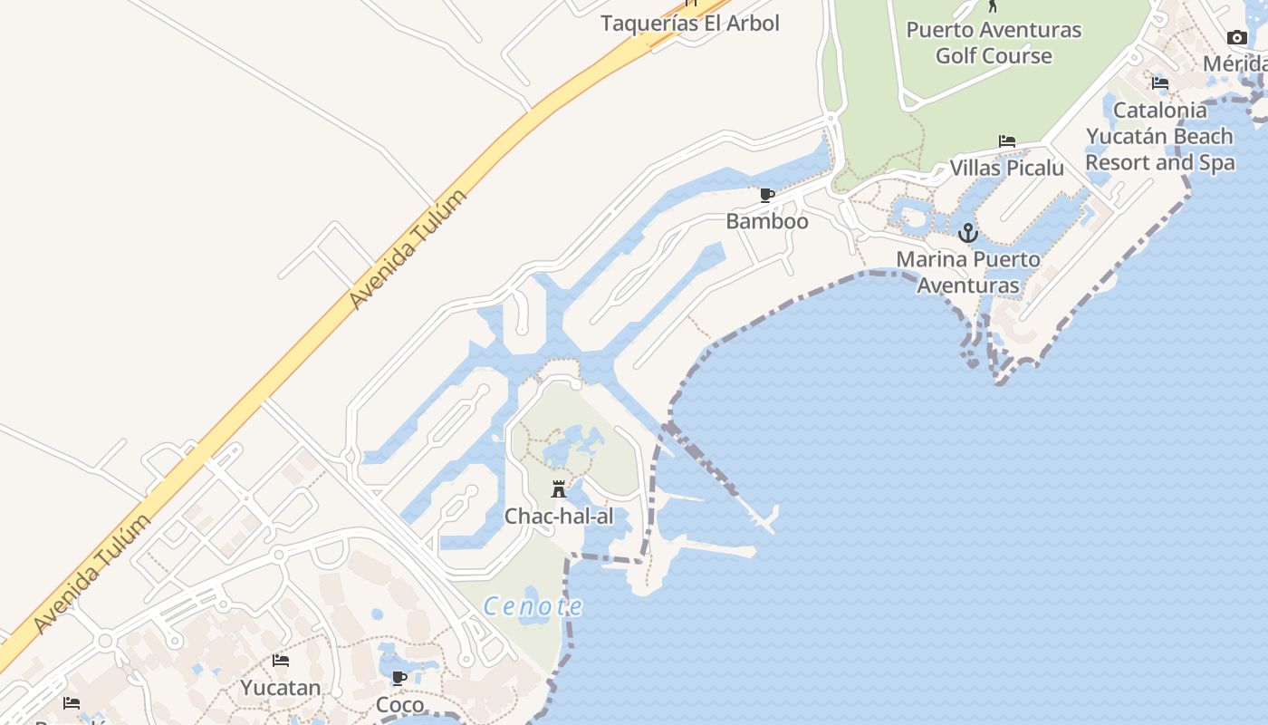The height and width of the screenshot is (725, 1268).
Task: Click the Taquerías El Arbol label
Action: click(689, 23)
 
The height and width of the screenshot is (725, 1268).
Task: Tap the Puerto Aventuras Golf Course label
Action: click(994, 43)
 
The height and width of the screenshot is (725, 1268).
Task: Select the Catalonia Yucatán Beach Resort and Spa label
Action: click(1160, 136)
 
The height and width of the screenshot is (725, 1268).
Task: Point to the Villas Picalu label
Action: click(1006, 168)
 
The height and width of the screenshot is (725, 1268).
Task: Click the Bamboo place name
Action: click(767, 221)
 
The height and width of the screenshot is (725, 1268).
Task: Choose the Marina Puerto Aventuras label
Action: click(968, 272)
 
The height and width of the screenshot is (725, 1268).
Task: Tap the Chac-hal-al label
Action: click(559, 517)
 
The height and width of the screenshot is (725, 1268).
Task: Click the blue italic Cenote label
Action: click(533, 606)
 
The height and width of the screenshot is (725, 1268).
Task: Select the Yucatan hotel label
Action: click(281, 688)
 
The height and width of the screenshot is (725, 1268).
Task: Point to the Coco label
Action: click(399, 704)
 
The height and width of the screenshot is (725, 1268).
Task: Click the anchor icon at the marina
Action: click(968, 234)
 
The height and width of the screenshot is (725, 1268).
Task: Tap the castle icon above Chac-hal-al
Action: click(559, 489)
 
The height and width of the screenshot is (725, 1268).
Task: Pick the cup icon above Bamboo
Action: click(767, 195)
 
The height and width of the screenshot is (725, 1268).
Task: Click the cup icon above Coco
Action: click(399, 678)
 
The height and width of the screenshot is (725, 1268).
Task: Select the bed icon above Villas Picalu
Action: click(1006, 141)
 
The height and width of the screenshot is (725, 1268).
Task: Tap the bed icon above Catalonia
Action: click(1160, 83)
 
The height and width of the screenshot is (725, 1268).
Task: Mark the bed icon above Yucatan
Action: click(281, 661)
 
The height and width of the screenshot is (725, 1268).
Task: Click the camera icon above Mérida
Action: click(1236, 37)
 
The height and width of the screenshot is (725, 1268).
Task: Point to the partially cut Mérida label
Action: click(1235, 63)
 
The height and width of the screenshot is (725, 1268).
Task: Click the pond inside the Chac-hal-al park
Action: click(571, 447)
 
